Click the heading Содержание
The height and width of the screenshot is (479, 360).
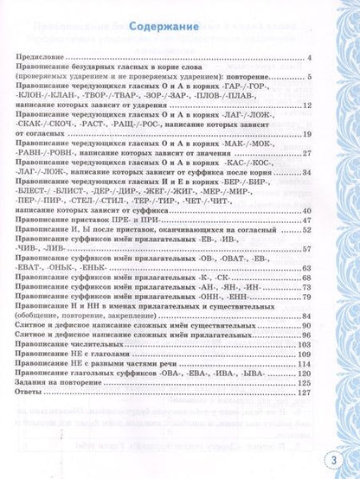click(x=164, y=29)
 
